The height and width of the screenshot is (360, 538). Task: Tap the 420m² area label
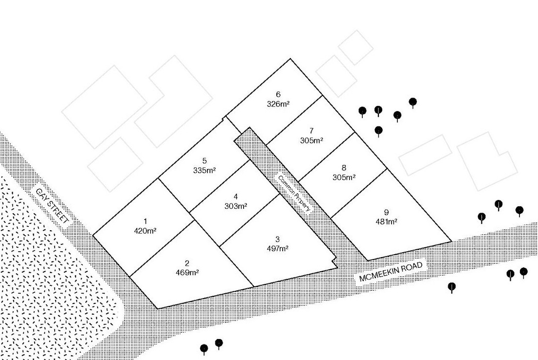(x=145, y=231)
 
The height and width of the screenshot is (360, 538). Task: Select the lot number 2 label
(x=187, y=264)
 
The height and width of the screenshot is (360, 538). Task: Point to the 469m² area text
(x=187, y=273)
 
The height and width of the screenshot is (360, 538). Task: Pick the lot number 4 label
(x=236, y=197)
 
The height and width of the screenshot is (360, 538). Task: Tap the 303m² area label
(x=236, y=206)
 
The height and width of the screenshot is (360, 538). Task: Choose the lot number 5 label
(x=205, y=161)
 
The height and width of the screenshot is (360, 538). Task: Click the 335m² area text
(x=205, y=170)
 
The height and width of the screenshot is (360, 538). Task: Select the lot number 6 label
(x=278, y=95)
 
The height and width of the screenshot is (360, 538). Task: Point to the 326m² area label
(x=278, y=104)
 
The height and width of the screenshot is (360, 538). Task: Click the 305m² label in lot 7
(x=311, y=140)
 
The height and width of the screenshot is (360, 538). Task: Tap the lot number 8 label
(x=344, y=168)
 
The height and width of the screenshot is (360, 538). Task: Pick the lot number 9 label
(x=386, y=212)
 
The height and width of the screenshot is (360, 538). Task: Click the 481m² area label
(x=386, y=221)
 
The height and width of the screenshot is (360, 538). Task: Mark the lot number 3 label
(x=277, y=239)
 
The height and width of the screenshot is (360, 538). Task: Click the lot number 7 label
(x=311, y=131)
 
